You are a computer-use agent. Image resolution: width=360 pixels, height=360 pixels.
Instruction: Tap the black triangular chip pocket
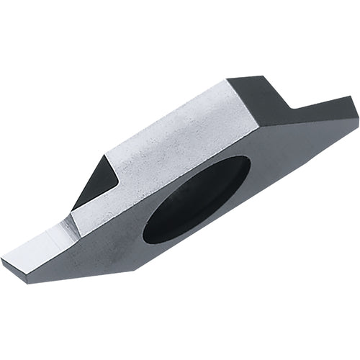click(94, 180)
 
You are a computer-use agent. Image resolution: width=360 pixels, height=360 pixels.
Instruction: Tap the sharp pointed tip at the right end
click(356, 108)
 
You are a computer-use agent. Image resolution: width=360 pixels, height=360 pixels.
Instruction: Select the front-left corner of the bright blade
click(4, 258)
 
